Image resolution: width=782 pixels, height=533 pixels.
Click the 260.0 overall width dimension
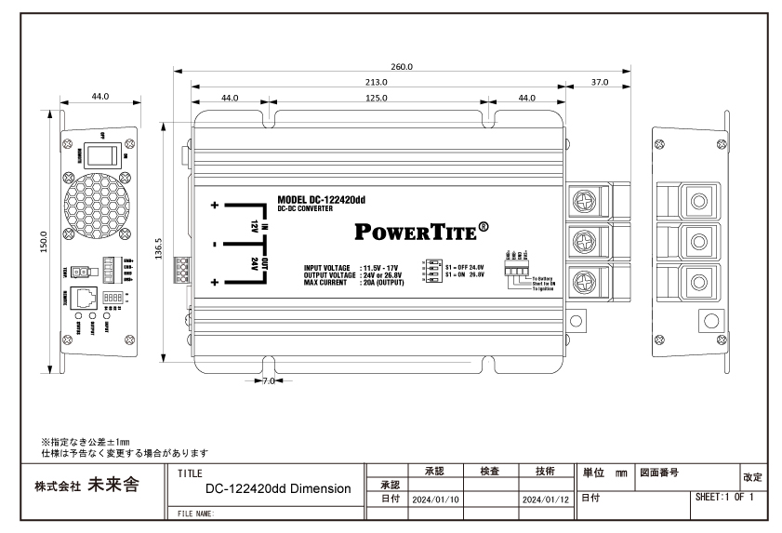coord(402,67)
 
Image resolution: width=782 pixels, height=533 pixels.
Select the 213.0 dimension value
coord(378,82)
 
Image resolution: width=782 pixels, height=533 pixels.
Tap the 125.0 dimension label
coord(377,97)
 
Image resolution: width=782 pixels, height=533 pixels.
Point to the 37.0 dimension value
coord(600,82)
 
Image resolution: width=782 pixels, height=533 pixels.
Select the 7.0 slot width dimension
coord(268,380)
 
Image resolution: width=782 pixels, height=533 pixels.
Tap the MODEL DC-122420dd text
coord(321,198)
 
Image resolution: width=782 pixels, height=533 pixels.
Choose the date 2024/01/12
coord(546,500)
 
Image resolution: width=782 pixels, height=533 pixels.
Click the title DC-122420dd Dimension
coord(278,488)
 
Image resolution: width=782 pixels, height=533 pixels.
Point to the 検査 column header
coord(490,471)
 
